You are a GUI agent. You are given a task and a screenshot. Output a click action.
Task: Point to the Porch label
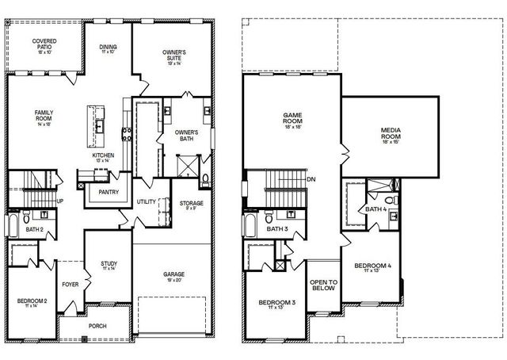tap(98, 327)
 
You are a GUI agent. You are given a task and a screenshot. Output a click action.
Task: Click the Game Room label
tap(293, 120)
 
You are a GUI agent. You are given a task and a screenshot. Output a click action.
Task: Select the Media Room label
tap(390, 133)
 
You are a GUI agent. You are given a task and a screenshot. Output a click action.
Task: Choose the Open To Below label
tap(323, 285)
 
